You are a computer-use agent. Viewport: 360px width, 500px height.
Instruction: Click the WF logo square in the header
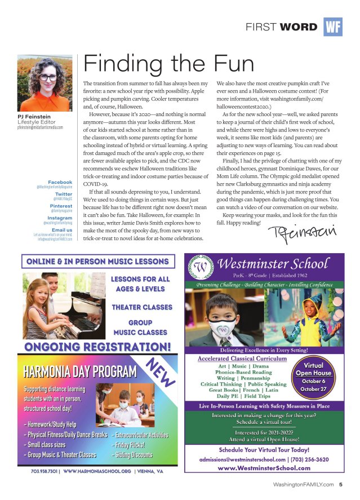[x=333, y=26]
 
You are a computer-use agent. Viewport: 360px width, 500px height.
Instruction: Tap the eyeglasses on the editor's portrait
[x=47, y=77]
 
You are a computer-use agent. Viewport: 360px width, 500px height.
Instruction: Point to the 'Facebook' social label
[x=60, y=183]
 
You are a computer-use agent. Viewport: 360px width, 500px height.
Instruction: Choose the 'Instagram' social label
[x=60, y=218]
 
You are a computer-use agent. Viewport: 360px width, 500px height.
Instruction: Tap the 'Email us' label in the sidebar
[x=62, y=230]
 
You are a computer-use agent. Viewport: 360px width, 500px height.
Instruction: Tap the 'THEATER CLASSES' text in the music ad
[x=142, y=307]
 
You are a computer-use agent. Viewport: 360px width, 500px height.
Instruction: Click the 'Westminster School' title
[x=273, y=264]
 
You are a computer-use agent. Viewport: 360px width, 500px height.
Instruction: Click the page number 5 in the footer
[x=341, y=484]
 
